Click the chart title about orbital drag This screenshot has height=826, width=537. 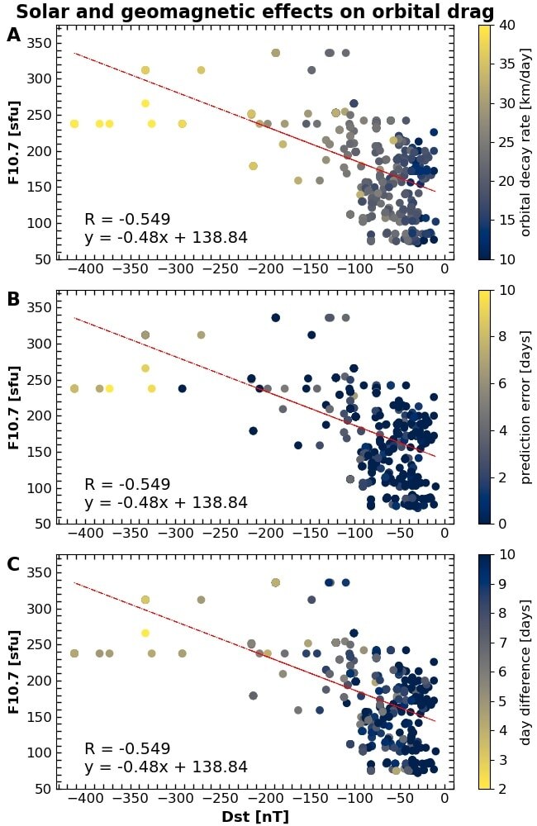click(x=255, y=12)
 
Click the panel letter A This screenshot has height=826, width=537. click(x=13, y=35)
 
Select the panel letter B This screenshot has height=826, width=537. click(x=13, y=300)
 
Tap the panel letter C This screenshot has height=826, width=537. click(x=13, y=564)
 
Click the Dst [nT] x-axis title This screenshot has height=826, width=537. click(x=254, y=817)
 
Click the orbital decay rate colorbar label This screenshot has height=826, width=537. click(x=525, y=141)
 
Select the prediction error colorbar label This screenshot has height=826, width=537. click(x=525, y=406)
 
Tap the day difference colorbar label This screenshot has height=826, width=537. click(x=525, y=671)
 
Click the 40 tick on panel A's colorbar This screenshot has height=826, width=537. click(x=508, y=25)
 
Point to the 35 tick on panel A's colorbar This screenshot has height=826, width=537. click(x=508, y=64)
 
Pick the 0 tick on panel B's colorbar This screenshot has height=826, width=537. click(x=504, y=524)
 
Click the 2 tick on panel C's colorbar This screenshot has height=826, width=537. click(x=504, y=788)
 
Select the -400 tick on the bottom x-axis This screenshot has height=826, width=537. click(x=87, y=799)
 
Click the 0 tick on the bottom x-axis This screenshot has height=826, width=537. click(x=444, y=799)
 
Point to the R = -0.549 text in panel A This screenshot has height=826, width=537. click(x=127, y=220)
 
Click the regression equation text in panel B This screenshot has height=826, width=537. click(x=166, y=503)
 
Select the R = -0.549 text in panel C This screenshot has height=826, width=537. click(x=127, y=749)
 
